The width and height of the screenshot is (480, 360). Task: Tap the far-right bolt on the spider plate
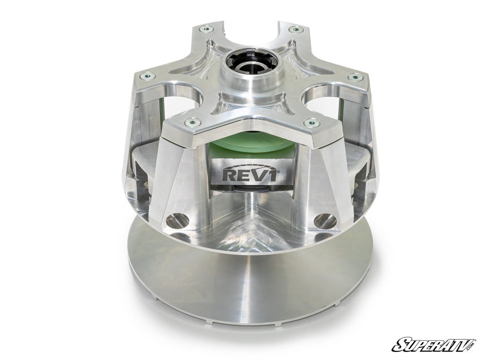pos(355,76)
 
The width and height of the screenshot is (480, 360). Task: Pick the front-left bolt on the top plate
pos(192,122)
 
